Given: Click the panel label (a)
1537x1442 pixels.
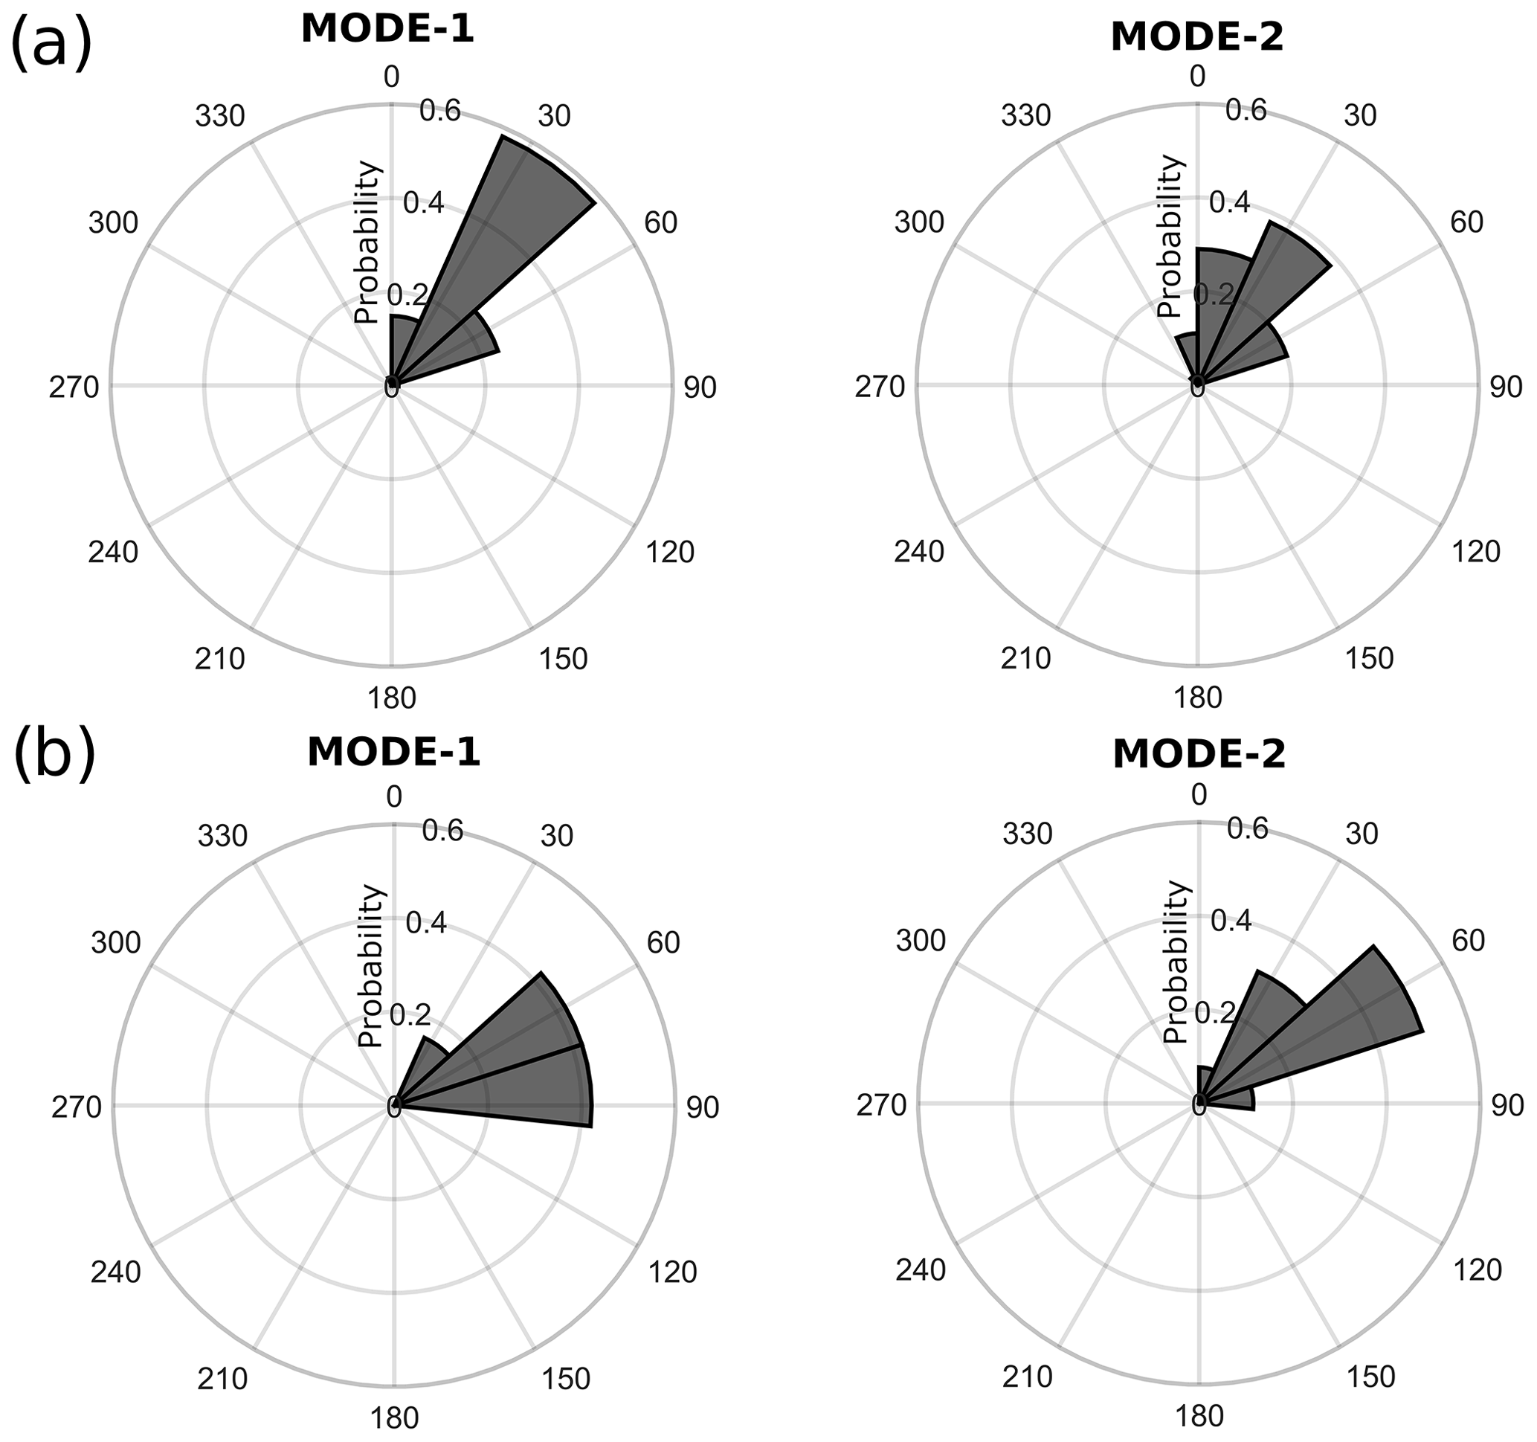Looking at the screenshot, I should (51, 44).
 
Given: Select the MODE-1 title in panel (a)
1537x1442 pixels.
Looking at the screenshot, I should (387, 30).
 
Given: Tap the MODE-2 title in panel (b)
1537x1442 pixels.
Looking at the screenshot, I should (1199, 755).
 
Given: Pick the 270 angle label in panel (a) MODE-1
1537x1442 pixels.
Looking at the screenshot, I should (75, 387).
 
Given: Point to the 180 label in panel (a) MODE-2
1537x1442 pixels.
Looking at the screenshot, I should (1198, 698).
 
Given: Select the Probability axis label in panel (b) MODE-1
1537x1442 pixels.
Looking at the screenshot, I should (371, 967).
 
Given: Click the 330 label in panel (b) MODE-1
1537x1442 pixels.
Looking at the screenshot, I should (222, 836).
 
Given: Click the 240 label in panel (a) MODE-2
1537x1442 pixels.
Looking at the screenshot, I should (919, 552).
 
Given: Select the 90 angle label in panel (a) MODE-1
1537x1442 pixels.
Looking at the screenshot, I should (700, 388).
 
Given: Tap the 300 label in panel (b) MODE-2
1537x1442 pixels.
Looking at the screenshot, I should (921, 941).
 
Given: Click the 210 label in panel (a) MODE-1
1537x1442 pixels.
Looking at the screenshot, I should (220, 659).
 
